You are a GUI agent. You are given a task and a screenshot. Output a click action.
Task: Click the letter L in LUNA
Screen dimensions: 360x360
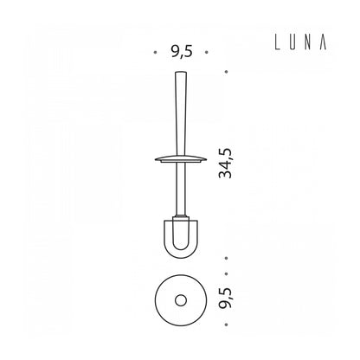(x=278, y=42)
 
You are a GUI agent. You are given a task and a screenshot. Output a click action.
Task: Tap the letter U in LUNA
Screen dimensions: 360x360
(x=292, y=42)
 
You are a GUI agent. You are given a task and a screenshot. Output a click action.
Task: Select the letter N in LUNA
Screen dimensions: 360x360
(x=308, y=42)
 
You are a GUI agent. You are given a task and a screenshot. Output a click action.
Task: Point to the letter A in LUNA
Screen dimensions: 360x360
(x=323, y=42)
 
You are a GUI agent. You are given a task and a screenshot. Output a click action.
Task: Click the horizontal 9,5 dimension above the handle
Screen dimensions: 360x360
(x=181, y=52)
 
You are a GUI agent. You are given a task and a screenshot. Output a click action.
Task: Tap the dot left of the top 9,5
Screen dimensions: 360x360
(x=156, y=53)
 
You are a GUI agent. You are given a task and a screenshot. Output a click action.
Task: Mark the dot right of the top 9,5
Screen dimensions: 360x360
(x=207, y=53)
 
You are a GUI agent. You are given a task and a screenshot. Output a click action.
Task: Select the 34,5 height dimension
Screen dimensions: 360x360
(x=225, y=164)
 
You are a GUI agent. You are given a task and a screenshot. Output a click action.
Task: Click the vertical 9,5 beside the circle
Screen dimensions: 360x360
(x=225, y=299)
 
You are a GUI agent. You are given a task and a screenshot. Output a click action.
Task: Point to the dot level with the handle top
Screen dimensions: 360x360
(x=227, y=72)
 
